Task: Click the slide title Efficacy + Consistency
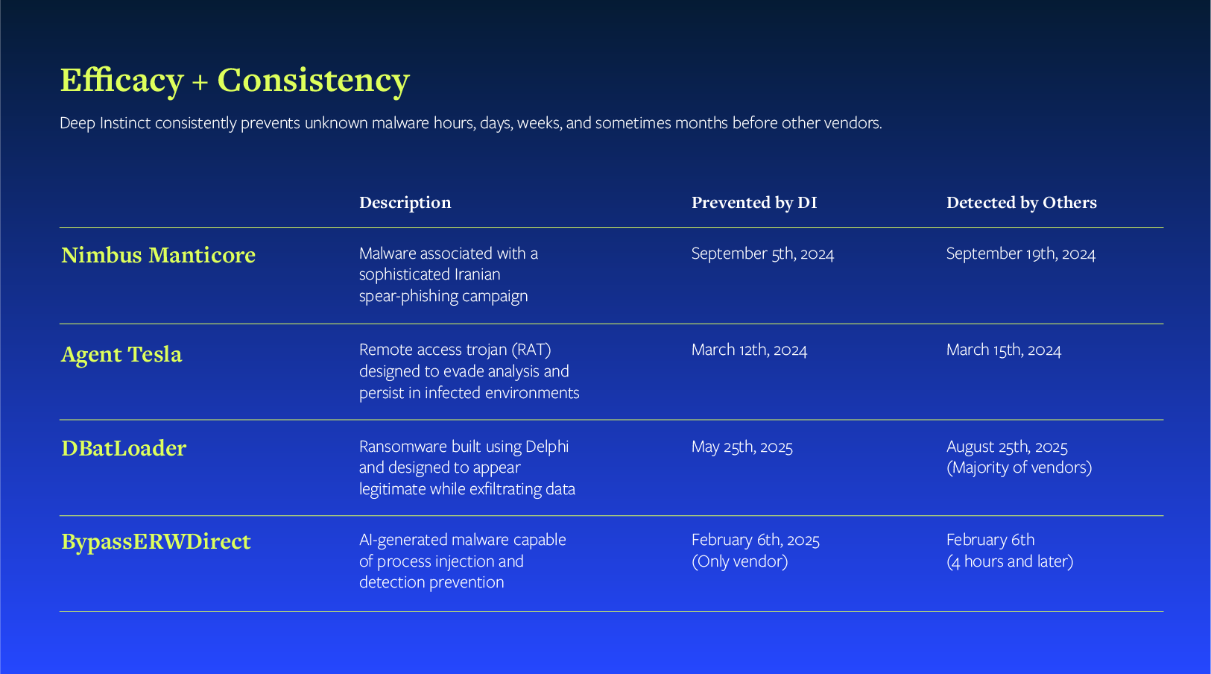tap(234, 81)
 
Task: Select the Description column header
tap(405, 203)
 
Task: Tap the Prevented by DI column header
tap(753, 203)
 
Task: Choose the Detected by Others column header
tap(1021, 203)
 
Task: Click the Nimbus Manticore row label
tap(158, 255)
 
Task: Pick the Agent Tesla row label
tap(121, 354)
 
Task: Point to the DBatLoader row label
tap(124, 448)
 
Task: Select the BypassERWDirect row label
tap(156, 541)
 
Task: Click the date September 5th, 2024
tap(762, 253)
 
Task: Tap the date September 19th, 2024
tap(1020, 253)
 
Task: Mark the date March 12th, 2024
tap(749, 350)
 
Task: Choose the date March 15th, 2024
tap(1003, 350)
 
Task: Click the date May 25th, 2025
tap(742, 447)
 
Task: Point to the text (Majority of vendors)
tap(1019, 467)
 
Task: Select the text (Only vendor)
tap(739, 561)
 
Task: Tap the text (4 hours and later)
tap(1010, 561)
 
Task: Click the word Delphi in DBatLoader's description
tap(547, 447)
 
